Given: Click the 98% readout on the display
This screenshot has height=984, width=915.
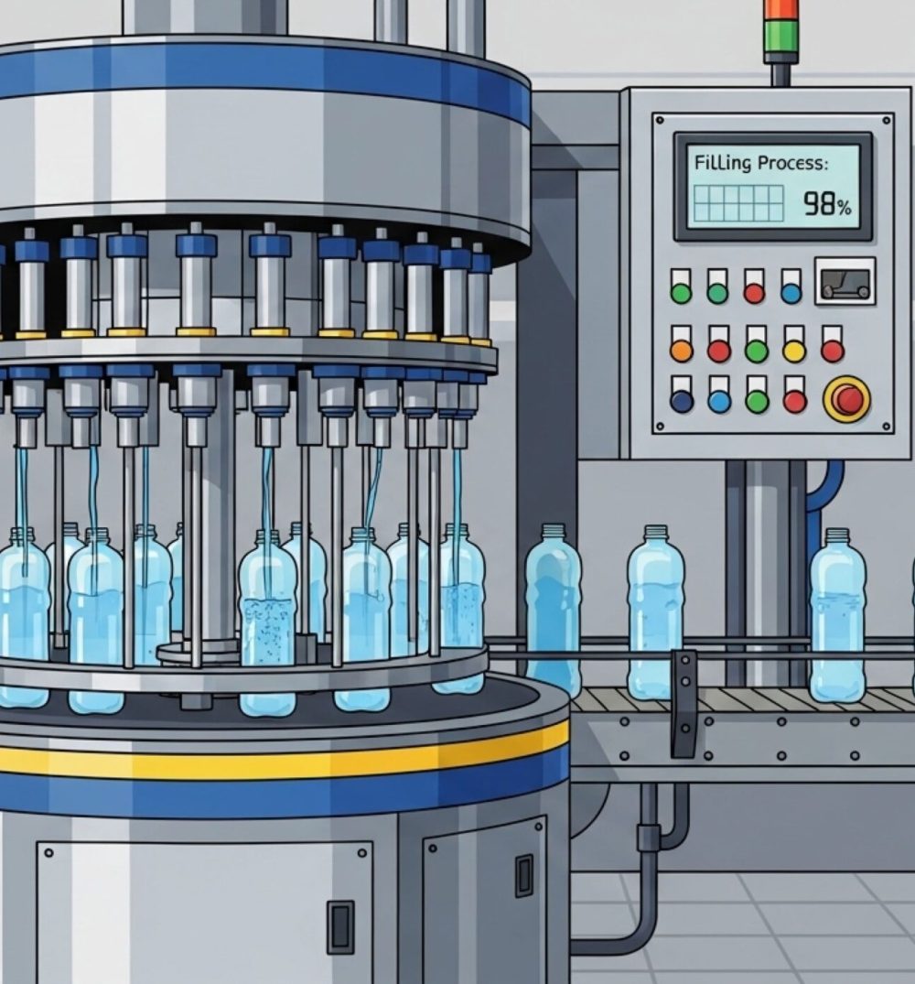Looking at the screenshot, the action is [827, 203].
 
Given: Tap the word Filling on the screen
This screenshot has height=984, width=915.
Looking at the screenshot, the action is [723, 163].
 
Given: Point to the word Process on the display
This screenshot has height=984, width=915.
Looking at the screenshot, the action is [792, 163].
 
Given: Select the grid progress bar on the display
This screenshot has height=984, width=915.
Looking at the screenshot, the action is [738, 203].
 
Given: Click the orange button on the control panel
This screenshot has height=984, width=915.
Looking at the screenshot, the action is [682, 351].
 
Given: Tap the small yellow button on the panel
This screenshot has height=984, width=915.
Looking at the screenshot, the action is [794, 351].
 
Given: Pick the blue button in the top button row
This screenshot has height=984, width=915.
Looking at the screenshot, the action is [791, 293].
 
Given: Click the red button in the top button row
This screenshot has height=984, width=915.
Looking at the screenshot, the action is [754, 293].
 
